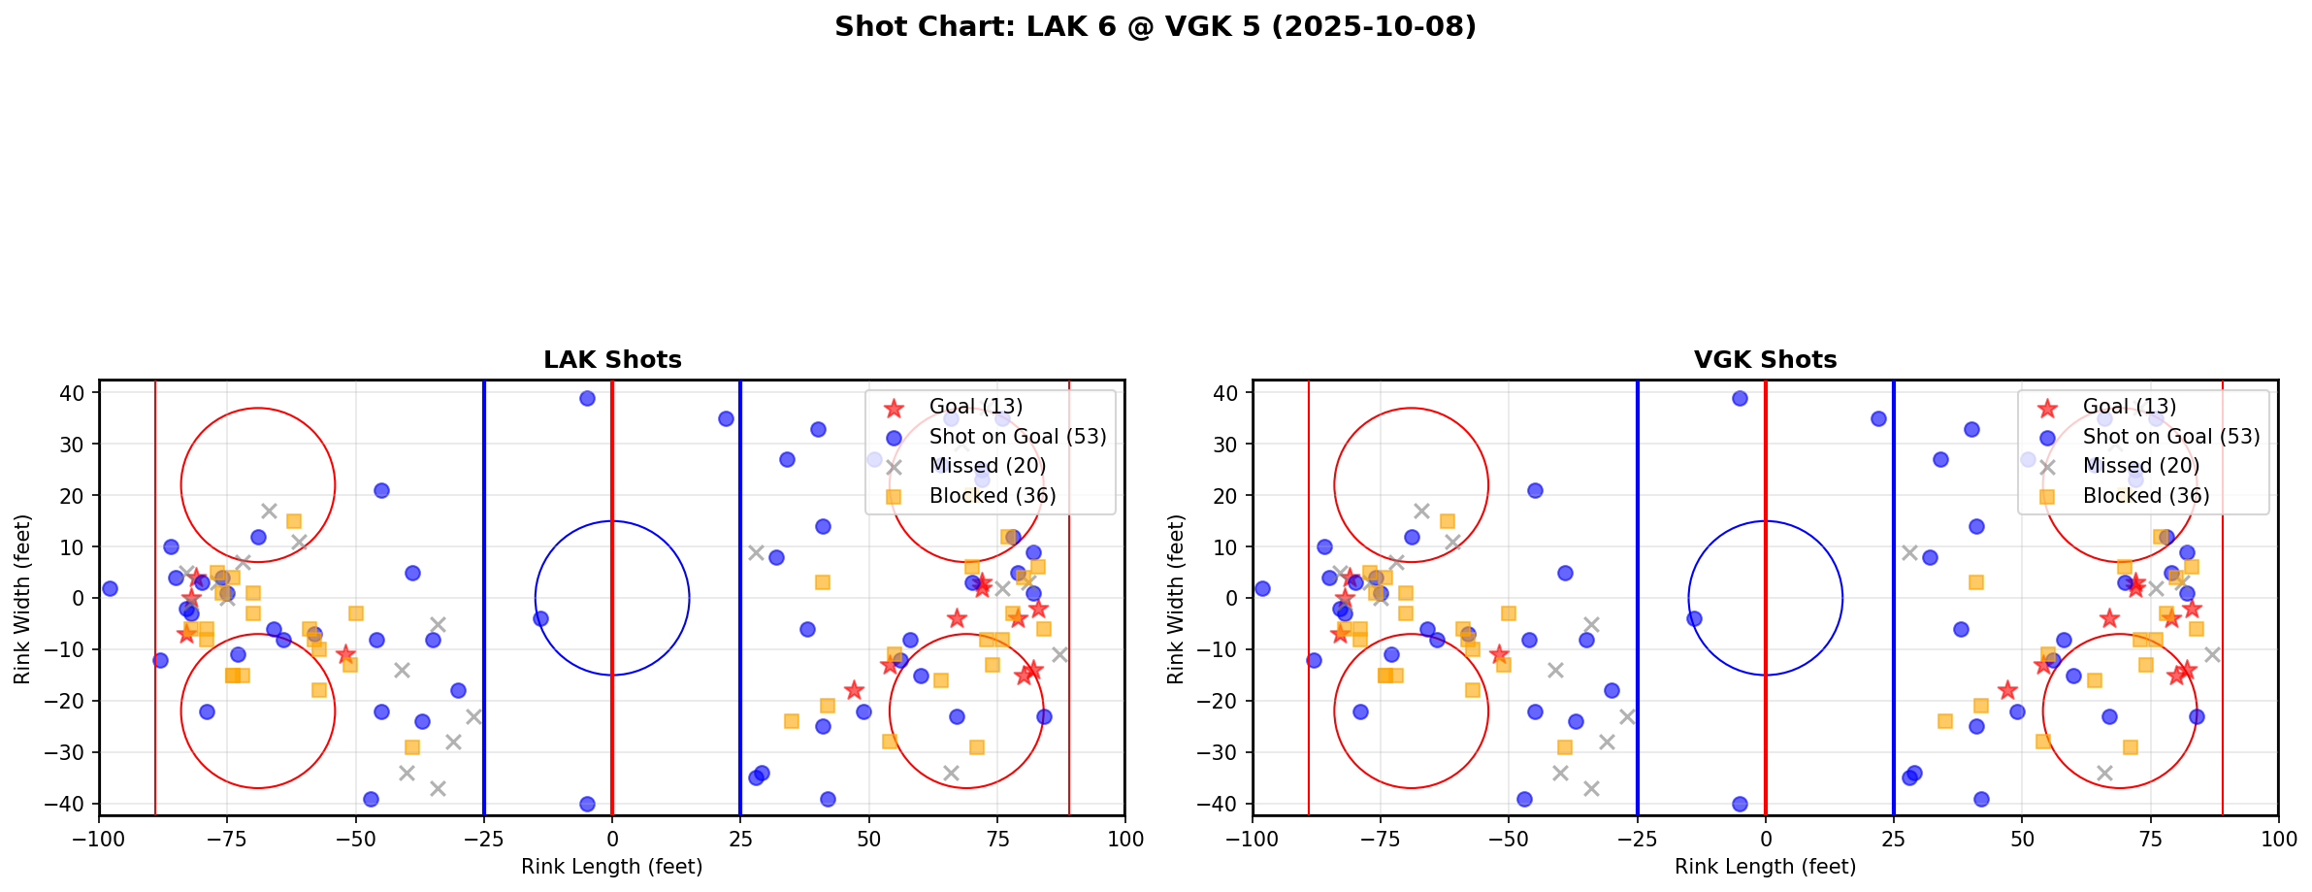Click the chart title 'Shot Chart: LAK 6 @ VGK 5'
pyautogui.click(x=1155, y=26)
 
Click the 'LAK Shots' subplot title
pyautogui.click(x=612, y=360)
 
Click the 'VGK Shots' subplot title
pyautogui.click(x=1765, y=360)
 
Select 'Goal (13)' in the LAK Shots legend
pyautogui.click(x=975, y=407)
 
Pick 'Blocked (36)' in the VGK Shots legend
pyautogui.click(x=2145, y=496)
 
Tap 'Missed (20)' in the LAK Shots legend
pyautogui.click(x=987, y=466)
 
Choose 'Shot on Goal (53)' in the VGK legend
pyautogui.click(x=2170, y=437)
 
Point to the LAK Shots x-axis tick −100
pyautogui.click(x=99, y=838)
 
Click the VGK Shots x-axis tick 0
pyautogui.click(x=1766, y=838)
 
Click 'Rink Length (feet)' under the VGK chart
pyautogui.click(x=1765, y=867)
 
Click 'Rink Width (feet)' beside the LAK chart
pyautogui.click(x=22, y=598)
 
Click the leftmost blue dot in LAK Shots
pyautogui.click(x=110, y=588)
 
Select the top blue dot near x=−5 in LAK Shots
pyautogui.click(x=587, y=398)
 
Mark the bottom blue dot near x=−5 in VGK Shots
pyautogui.click(x=1740, y=804)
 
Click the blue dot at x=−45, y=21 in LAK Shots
pyautogui.click(x=381, y=490)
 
